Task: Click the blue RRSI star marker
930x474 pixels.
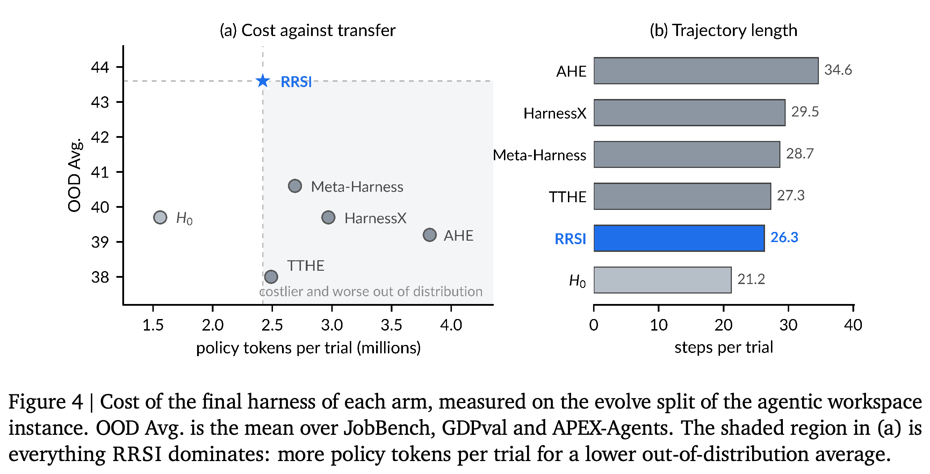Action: (x=263, y=80)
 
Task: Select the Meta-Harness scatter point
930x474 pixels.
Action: (x=295, y=186)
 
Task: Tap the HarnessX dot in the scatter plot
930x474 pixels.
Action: (x=328, y=218)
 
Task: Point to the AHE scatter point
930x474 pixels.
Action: (x=430, y=235)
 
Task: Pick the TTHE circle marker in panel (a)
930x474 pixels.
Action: (x=271, y=277)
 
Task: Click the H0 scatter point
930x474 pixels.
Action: (x=160, y=218)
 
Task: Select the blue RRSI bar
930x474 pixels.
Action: (x=679, y=238)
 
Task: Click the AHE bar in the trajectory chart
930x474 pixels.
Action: (x=706, y=71)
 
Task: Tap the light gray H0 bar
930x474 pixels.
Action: (x=663, y=280)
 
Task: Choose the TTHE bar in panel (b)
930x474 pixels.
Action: (x=682, y=196)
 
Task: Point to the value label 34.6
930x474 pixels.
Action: (x=838, y=70)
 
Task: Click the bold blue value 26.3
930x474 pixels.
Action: (x=784, y=238)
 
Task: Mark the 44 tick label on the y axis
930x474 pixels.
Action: (x=100, y=67)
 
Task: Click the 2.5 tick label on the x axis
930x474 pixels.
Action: (x=272, y=325)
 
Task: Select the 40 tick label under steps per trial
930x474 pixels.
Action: (x=853, y=325)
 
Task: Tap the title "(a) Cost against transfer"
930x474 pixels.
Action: (x=308, y=30)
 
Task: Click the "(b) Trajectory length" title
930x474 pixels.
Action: (x=723, y=30)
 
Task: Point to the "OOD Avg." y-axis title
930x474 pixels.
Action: (x=75, y=175)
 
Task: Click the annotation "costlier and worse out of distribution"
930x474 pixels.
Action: (x=371, y=291)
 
